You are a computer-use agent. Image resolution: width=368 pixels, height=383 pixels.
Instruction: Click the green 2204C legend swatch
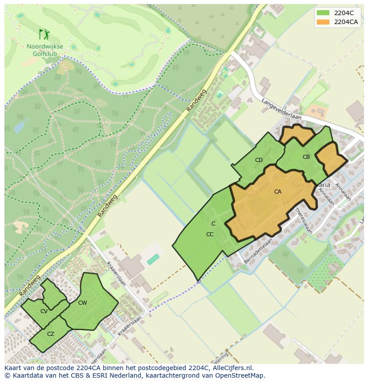click(x=323, y=13)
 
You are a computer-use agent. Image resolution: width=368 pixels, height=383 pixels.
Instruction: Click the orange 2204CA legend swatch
click(x=323, y=22)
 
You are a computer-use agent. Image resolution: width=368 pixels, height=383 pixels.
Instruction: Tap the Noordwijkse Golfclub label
click(x=44, y=50)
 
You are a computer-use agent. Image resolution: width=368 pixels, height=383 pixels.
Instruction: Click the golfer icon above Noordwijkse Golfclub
click(x=44, y=34)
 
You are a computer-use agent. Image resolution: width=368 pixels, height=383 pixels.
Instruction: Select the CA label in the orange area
click(x=277, y=192)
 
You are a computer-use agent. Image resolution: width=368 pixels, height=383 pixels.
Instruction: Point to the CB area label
click(x=306, y=157)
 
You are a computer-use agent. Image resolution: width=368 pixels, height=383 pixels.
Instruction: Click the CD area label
click(x=259, y=160)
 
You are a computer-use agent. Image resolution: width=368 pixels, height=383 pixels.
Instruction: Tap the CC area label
click(x=210, y=234)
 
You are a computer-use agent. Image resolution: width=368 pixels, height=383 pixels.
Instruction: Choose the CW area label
click(x=83, y=303)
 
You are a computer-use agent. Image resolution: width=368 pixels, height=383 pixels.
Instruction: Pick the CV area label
click(x=44, y=311)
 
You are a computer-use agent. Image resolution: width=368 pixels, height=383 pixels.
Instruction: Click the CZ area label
click(x=51, y=334)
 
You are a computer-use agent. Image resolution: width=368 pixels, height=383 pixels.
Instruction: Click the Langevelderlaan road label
click(x=282, y=109)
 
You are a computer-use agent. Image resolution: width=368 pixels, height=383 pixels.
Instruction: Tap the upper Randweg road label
click(x=197, y=101)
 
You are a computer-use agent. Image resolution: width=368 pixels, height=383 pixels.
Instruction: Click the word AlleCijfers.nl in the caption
click(x=232, y=368)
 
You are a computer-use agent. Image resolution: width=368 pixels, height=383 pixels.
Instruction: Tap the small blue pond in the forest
click(x=20, y=126)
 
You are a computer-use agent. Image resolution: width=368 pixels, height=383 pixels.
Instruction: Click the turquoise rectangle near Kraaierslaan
click(x=153, y=259)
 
